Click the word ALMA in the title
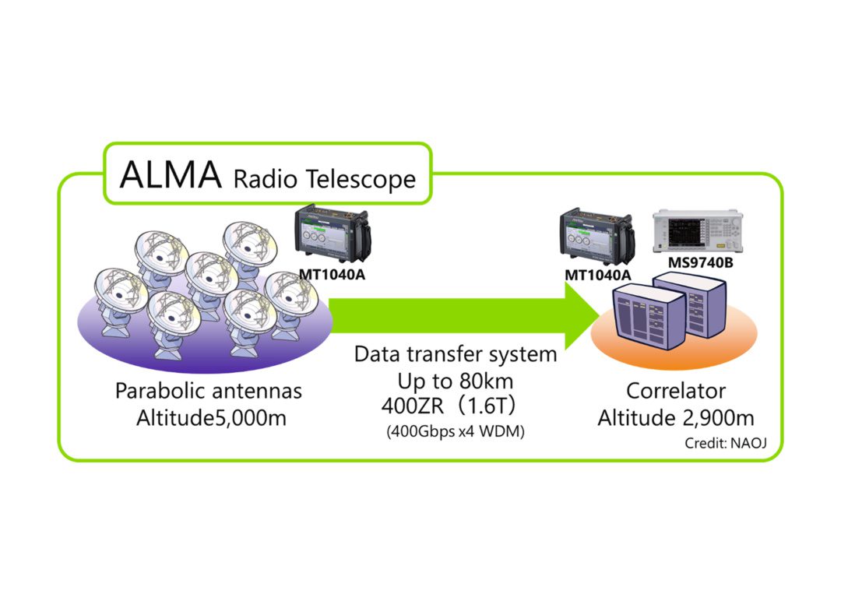pyautogui.click(x=171, y=175)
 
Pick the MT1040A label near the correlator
pyautogui.click(x=598, y=275)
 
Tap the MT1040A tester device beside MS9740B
pyautogui.click(x=598, y=238)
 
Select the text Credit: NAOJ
pyautogui.click(x=725, y=443)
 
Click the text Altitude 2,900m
pyautogui.click(x=676, y=418)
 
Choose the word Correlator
pyautogui.click(x=676, y=390)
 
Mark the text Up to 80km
pyautogui.click(x=456, y=381)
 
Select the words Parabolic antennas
pyautogui.click(x=209, y=390)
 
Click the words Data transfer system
pyautogui.click(x=456, y=355)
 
